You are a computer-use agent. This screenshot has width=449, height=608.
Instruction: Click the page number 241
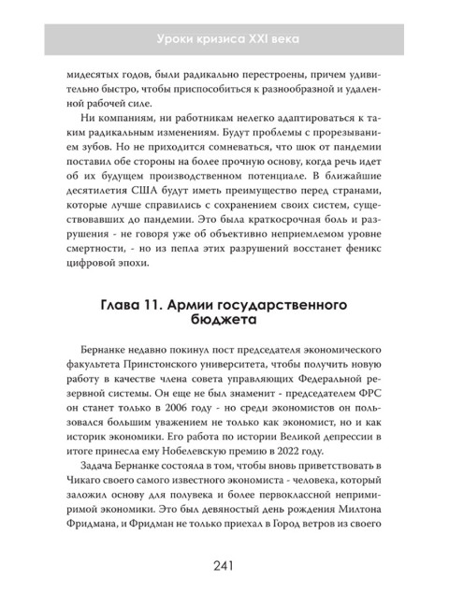pyautogui.click(x=224, y=566)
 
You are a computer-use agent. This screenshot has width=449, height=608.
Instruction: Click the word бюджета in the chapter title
pyautogui.click(x=224, y=327)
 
